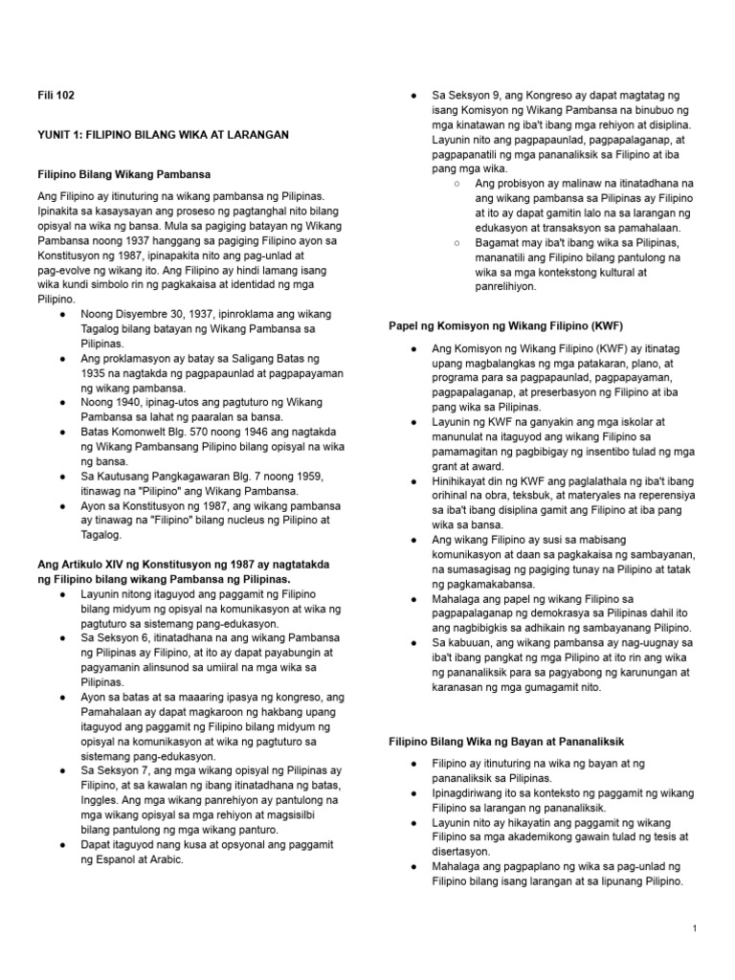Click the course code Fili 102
tap(55, 96)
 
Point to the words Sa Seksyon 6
tap(115, 635)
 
